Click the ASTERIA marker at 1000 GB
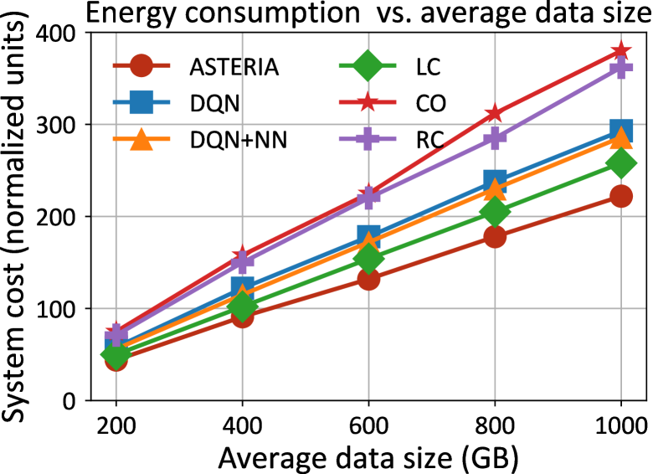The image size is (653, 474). pos(620,196)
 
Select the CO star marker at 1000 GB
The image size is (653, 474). pos(620,51)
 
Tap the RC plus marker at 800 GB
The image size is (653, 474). pos(495,138)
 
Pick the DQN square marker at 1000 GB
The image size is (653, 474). pos(620,131)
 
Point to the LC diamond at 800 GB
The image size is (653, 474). pos(495,212)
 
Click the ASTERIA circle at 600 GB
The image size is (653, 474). pos(368,279)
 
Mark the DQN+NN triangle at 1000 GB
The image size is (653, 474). pos(620,138)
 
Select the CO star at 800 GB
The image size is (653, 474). pos(495,113)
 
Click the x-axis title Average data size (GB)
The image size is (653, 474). pos(368,456)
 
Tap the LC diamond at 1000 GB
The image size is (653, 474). pos(620,163)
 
